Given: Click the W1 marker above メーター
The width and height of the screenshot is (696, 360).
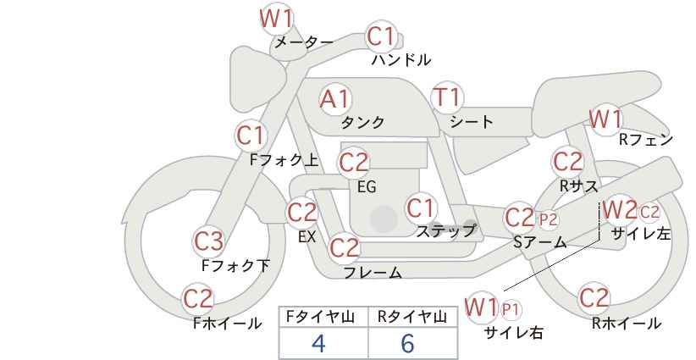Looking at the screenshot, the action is click(x=276, y=19).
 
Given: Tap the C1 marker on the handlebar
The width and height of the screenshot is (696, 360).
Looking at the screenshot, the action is click(x=381, y=36).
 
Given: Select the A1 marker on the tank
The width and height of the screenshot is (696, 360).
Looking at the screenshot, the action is click(x=335, y=99).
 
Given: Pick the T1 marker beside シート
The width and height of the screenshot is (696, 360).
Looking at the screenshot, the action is click(x=447, y=97).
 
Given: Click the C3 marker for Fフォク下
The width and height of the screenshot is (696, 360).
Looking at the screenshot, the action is click(x=209, y=241).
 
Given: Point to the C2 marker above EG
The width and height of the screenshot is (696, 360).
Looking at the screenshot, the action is click(x=354, y=163).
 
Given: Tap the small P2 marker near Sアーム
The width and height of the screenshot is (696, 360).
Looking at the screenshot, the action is click(x=548, y=219).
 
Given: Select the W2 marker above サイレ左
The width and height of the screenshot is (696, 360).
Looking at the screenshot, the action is click(x=621, y=210).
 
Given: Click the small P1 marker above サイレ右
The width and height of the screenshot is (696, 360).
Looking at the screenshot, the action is click(x=511, y=309).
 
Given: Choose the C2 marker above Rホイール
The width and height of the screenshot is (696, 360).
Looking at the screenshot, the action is click(x=594, y=297).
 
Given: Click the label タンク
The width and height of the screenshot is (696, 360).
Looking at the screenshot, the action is click(x=362, y=122).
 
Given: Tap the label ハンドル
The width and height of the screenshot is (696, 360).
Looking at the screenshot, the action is click(x=401, y=59).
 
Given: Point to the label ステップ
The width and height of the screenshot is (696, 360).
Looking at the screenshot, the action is click(x=445, y=231).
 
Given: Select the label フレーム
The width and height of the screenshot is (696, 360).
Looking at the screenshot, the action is click(x=373, y=272).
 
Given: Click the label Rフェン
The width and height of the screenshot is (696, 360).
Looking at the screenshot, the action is click(x=646, y=140).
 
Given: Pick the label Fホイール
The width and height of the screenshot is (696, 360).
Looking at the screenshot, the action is click(x=228, y=324).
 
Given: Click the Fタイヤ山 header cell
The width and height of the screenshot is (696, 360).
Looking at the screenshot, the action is click(x=323, y=318).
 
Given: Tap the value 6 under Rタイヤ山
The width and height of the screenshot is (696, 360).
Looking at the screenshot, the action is click(x=407, y=343).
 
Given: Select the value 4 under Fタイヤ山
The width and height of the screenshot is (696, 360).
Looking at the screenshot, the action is click(x=318, y=343).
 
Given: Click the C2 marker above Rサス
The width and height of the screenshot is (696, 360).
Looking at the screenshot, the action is click(x=567, y=162).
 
